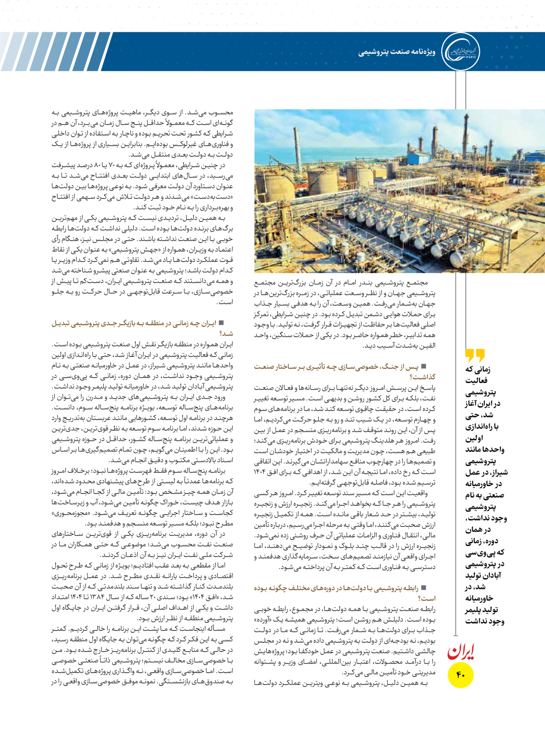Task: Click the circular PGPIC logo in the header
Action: pos(460,52)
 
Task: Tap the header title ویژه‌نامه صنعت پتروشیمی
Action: pos(397,52)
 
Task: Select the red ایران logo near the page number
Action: pos(460,651)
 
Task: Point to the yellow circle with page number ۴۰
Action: pos(461,675)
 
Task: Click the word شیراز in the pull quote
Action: pos(498,472)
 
